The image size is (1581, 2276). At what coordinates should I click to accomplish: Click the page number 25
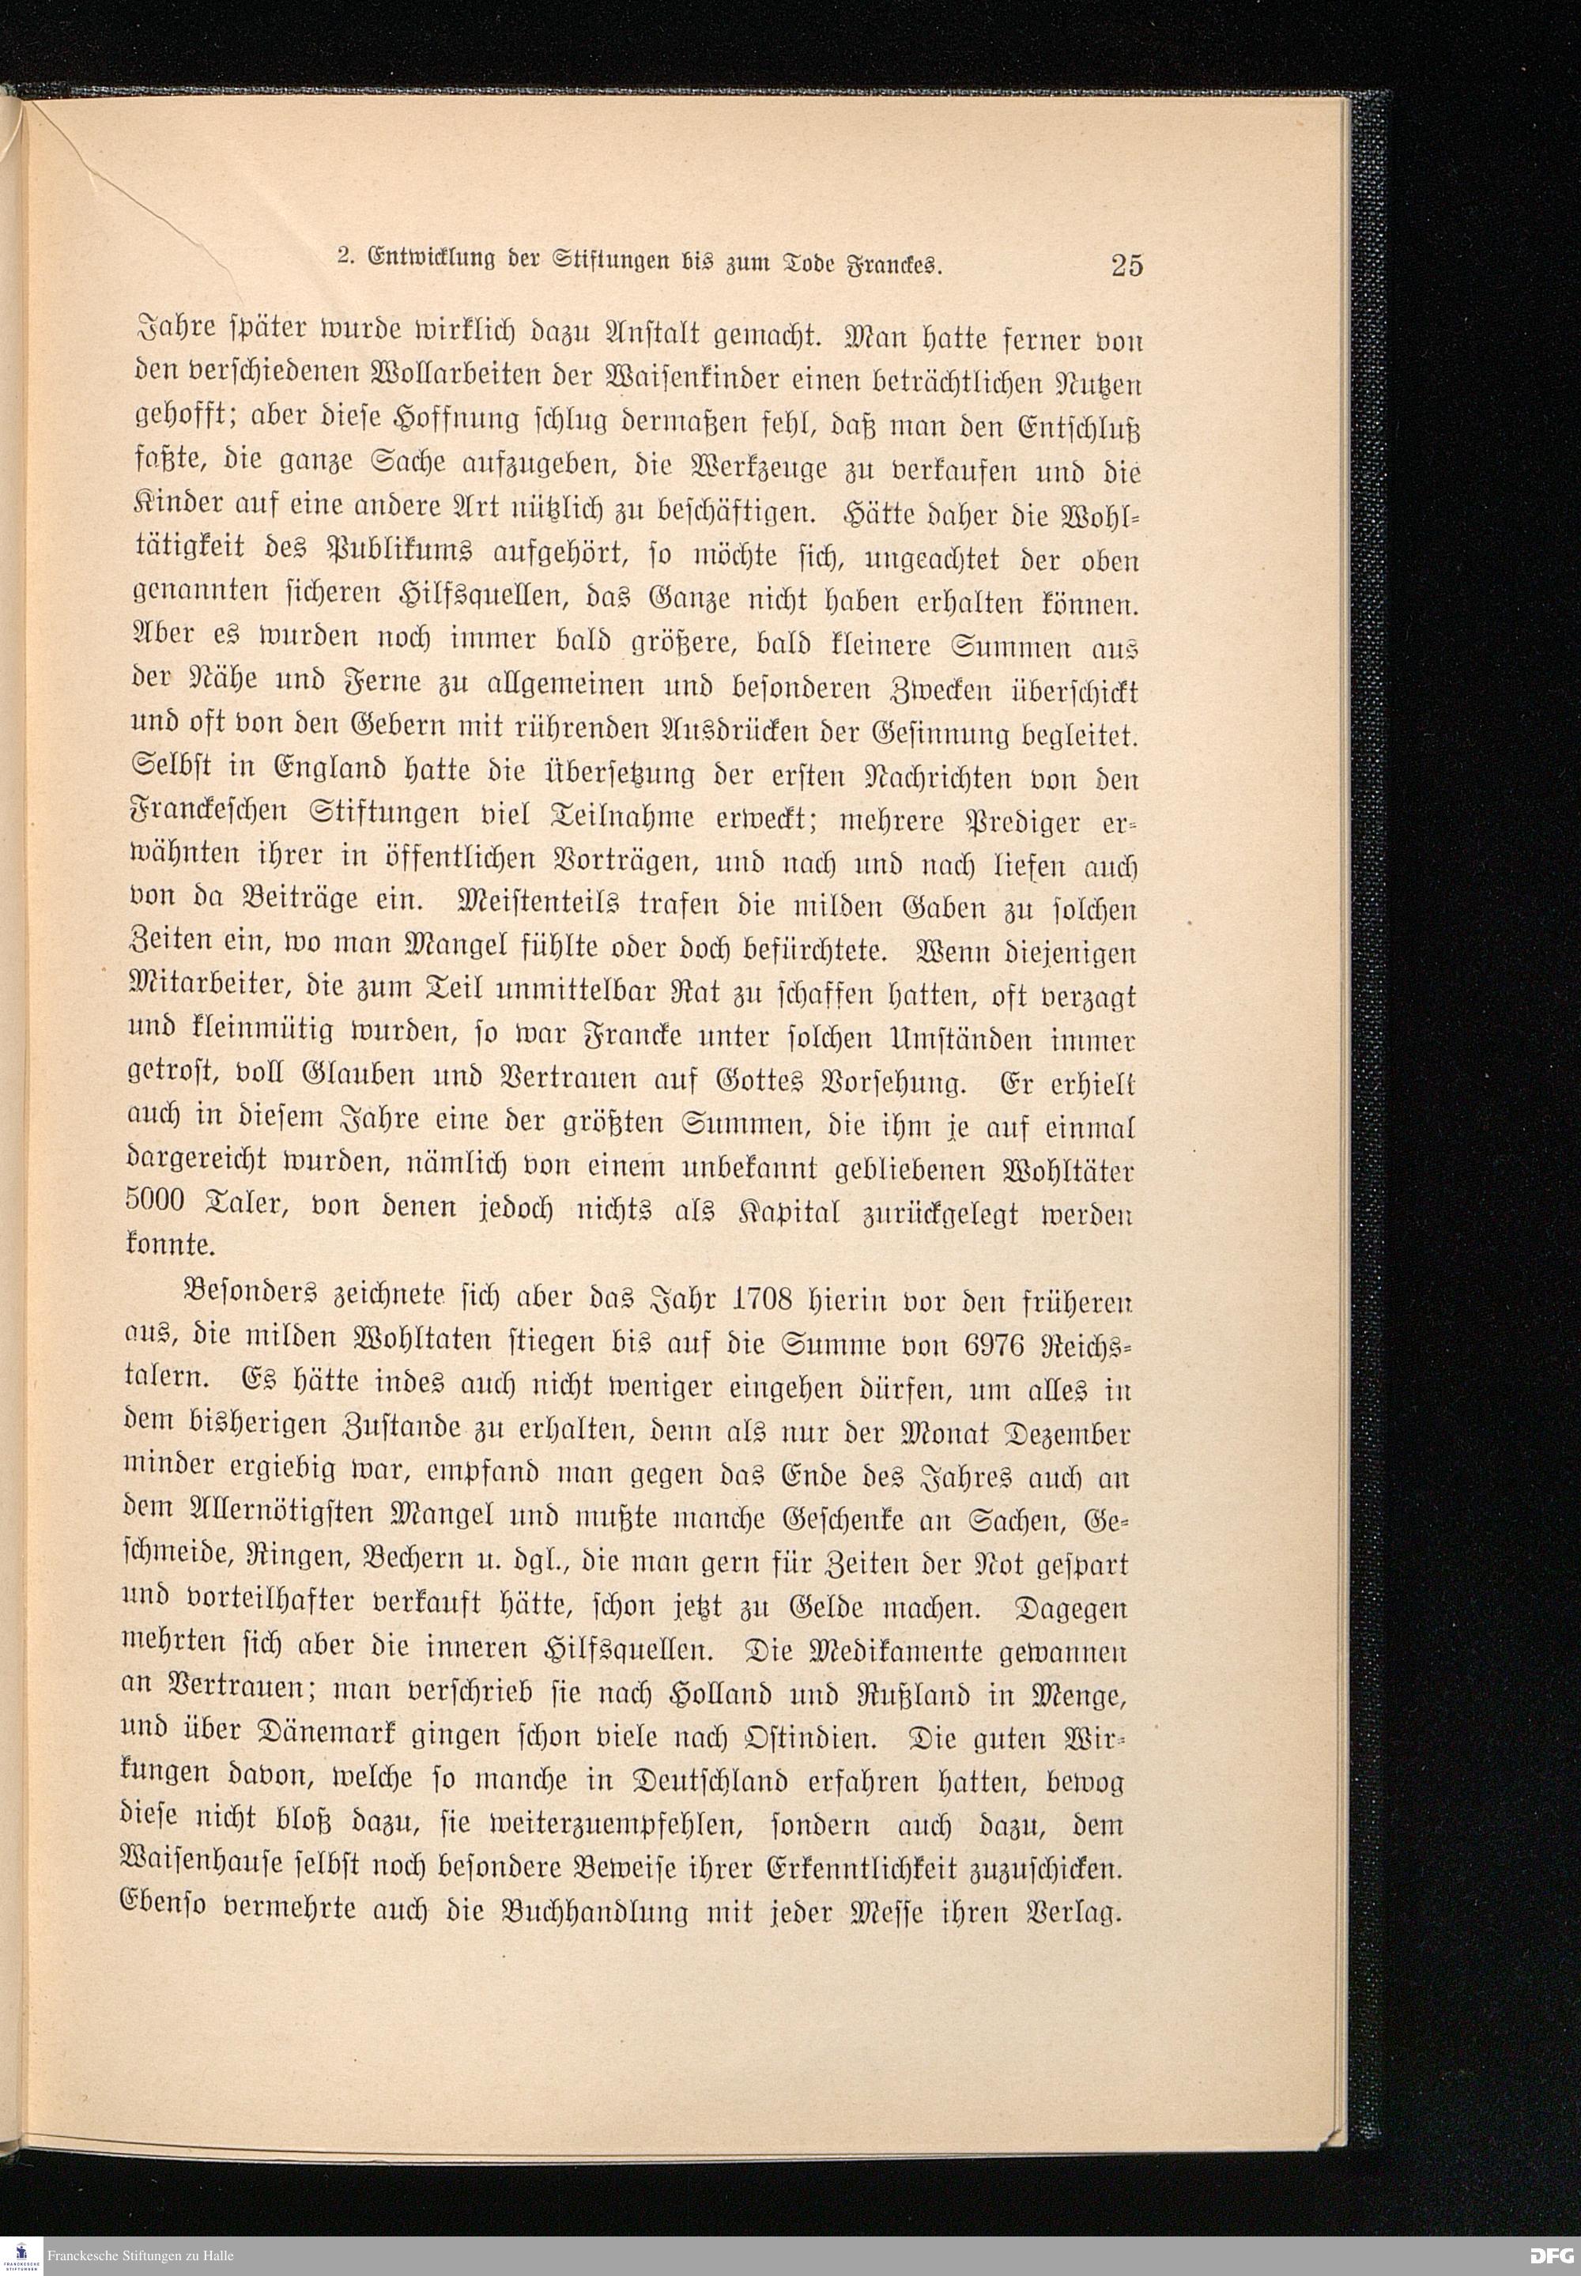point(1126,266)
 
